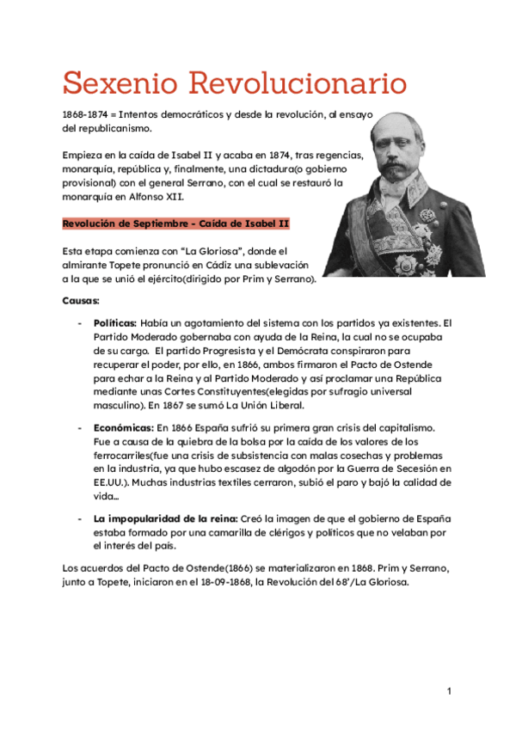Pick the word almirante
88,265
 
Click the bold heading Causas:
81,301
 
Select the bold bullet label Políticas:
115,323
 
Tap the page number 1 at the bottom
449,690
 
